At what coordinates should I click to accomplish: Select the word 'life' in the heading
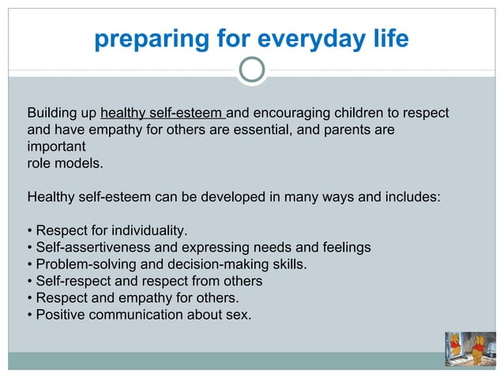tap(387, 39)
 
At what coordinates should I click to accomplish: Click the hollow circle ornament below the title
tap(252, 71)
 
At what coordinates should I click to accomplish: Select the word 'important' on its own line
tap(56, 147)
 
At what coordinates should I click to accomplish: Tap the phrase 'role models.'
tap(65, 164)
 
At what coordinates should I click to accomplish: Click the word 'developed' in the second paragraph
tap(239, 197)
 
